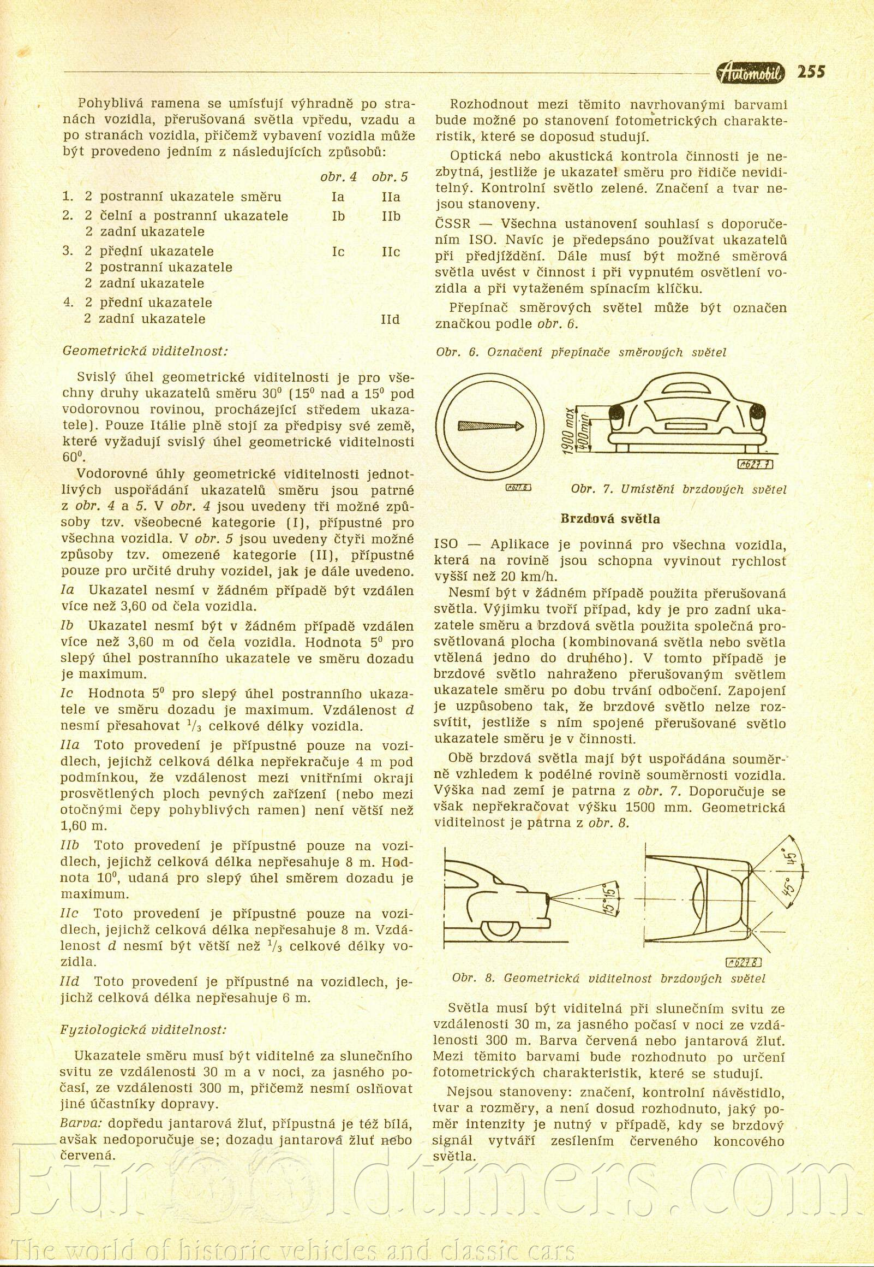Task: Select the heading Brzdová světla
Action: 610,519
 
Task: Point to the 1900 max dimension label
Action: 570,430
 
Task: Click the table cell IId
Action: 390,319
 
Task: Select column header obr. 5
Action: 390,177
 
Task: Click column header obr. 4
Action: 338,177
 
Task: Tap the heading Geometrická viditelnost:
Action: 145,351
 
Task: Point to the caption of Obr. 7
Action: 679,489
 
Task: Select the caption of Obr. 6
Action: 581,352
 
